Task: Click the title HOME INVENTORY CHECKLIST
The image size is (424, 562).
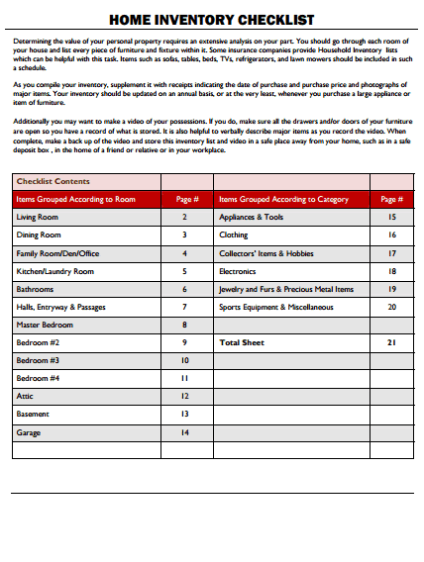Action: (x=211, y=19)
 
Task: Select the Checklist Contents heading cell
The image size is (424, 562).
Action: (x=53, y=181)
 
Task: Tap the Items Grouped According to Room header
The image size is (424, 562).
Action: (x=75, y=199)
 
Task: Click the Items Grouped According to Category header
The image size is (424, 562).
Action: (x=283, y=199)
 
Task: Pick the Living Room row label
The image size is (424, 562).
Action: (x=38, y=217)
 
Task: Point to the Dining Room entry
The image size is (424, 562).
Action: (x=39, y=235)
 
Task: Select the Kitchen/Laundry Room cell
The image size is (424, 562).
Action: (x=55, y=271)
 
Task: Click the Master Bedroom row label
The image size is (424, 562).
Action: (x=45, y=325)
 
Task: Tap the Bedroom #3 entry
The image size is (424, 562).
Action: (x=38, y=360)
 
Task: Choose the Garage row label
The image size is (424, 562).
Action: (x=29, y=432)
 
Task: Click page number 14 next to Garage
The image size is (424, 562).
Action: (x=184, y=432)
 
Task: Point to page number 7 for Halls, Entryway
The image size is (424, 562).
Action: (x=184, y=307)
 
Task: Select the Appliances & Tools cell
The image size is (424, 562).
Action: (x=251, y=217)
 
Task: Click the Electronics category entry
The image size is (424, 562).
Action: (x=238, y=271)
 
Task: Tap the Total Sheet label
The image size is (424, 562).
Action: (x=241, y=342)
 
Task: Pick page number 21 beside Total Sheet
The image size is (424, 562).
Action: (x=391, y=342)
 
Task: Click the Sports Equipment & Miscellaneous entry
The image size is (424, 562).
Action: (x=275, y=307)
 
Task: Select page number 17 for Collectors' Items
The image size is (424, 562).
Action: (x=391, y=253)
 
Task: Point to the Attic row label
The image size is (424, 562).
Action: (x=25, y=397)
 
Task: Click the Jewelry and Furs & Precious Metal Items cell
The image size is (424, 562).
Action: (x=285, y=289)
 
